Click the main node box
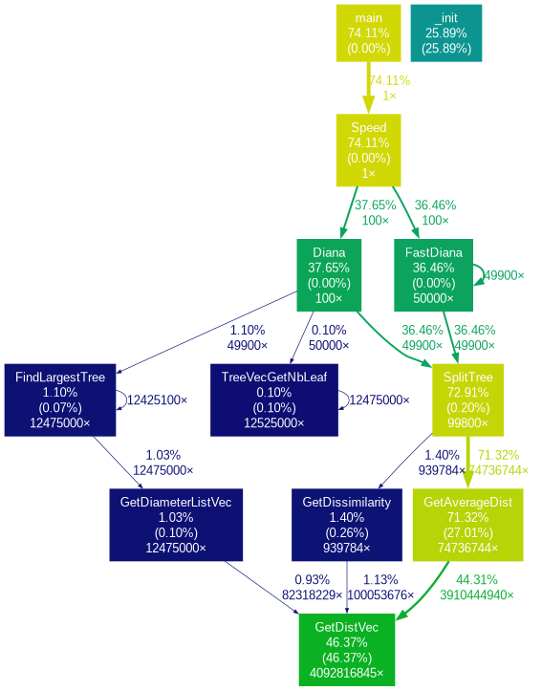tap(368, 33)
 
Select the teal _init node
tap(446, 33)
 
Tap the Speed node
tap(368, 150)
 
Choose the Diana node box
tap(329, 275)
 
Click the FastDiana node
tap(433, 275)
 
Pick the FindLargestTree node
tap(60, 400)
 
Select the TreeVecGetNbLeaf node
tap(274, 400)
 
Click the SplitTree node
tap(467, 400)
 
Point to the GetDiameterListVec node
tap(176, 525)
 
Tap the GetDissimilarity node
tap(347, 525)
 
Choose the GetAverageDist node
tap(468, 525)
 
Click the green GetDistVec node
tap(347, 650)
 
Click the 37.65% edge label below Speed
tap(375, 205)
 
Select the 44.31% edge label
tap(477, 579)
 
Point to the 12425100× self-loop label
tap(157, 400)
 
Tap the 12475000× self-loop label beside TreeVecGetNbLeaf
tap(379, 400)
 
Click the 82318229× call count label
tap(312, 594)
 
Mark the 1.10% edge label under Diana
tap(248, 330)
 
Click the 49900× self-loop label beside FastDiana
tap(504, 275)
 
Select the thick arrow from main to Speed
tap(368, 88)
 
